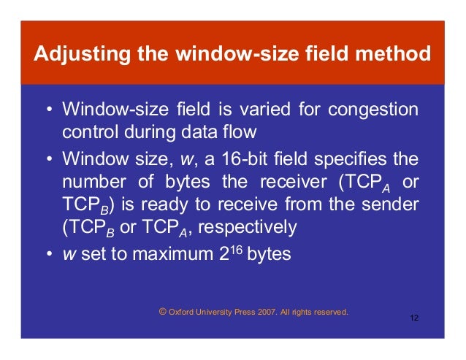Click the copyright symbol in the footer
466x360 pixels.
coord(162,312)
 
